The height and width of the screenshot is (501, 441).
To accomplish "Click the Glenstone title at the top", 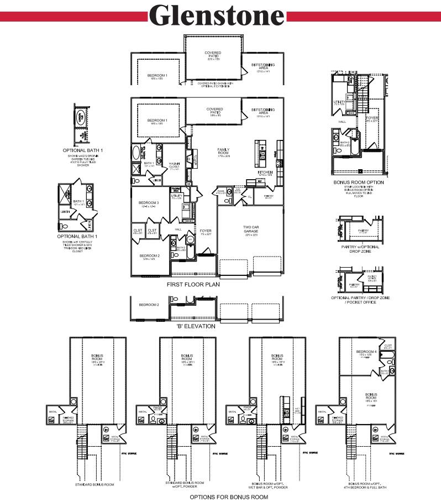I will pos(217,16).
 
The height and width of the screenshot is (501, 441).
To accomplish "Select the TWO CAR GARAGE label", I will pos(251,229).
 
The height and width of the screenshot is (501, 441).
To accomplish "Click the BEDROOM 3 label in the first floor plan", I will pos(149,203).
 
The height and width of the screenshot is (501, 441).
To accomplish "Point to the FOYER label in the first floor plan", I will pos(206,232).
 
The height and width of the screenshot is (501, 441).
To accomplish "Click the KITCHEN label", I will pos(265,173).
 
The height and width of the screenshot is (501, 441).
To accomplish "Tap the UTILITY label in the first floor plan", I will pos(177,196).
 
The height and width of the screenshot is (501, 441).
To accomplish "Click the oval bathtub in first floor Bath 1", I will pos(136,153).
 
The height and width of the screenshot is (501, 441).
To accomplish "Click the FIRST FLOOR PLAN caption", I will pos(193,285).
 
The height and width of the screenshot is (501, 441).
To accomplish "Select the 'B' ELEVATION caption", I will pos(195,326).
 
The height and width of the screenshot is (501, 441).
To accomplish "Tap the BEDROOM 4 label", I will pos(366,352).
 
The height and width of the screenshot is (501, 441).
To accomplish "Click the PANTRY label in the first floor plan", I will pos(269,196).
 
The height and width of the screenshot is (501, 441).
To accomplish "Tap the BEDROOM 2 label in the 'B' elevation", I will pos(149,305).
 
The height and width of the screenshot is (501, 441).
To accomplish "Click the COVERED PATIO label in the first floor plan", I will pos(214,109).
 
